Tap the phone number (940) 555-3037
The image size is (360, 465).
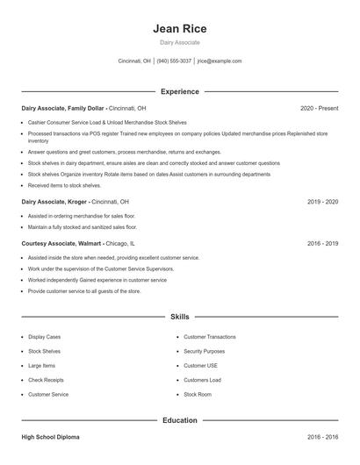[x=174, y=61]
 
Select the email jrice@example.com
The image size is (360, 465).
[x=219, y=61]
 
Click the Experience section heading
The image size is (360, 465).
[x=179, y=91]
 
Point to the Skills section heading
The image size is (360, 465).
[x=179, y=316]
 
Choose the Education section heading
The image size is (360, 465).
[x=179, y=420]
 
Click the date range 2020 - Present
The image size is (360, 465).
[x=319, y=108]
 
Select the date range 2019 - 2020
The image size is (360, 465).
[x=322, y=201]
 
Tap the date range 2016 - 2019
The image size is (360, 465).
[x=322, y=243]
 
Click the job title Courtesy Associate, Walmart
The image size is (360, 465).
[x=61, y=243]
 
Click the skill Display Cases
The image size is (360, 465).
[x=45, y=336]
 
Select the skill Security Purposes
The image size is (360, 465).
[x=204, y=351]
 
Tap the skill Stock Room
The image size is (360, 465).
[x=198, y=395]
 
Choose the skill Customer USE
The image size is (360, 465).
[x=200, y=365]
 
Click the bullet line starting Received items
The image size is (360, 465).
[x=64, y=185]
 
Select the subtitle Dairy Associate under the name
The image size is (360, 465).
[x=179, y=42]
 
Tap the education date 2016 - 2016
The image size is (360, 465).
[x=322, y=436]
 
